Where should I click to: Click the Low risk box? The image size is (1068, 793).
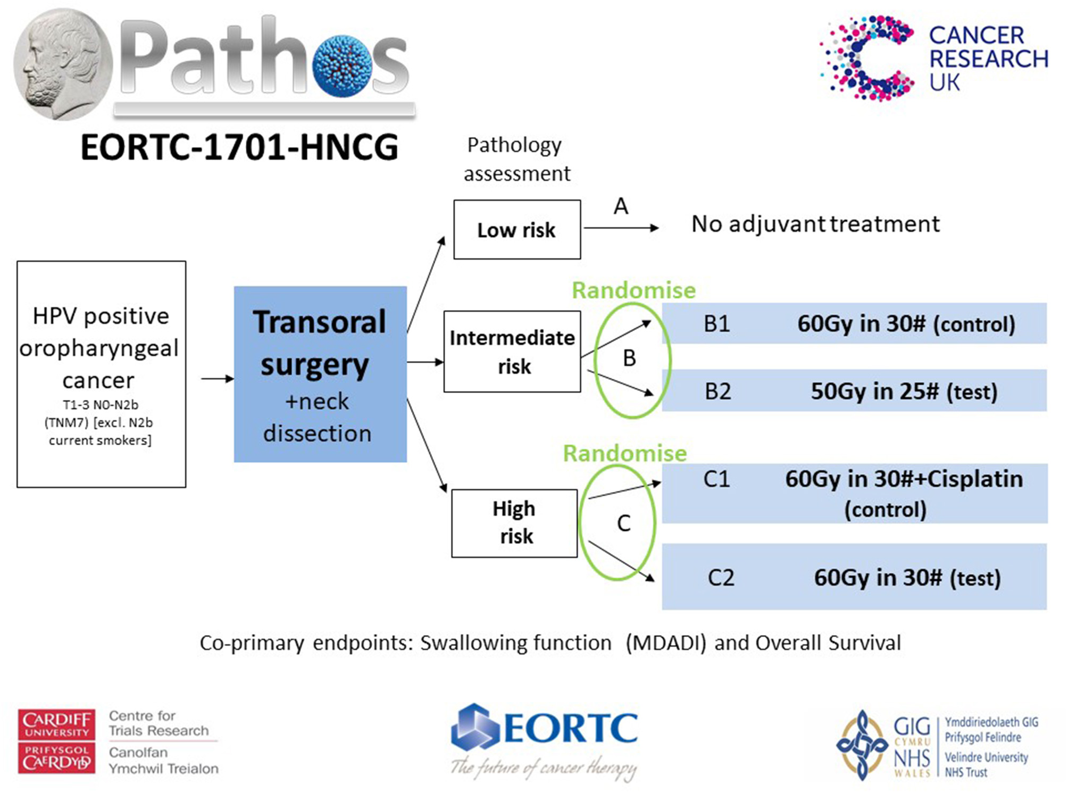[517, 230]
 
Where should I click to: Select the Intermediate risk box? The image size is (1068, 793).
[512, 352]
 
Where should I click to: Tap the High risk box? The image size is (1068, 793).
[514, 523]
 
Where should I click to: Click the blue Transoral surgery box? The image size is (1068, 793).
[321, 374]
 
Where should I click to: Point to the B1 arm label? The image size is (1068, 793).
[716, 324]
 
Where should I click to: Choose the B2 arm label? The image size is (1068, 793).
[717, 391]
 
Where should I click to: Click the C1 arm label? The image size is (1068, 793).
[716, 479]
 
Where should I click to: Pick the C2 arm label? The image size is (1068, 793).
[721, 578]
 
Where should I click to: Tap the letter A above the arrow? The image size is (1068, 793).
[621, 206]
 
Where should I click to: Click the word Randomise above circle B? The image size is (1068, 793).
[633, 290]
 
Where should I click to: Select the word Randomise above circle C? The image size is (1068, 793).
[625, 453]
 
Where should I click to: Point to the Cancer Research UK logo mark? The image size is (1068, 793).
[867, 58]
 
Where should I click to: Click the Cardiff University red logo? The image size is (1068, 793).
[56, 741]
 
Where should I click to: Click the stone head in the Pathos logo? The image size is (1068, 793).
[63, 64]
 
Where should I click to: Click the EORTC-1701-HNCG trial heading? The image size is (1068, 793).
[239, 147]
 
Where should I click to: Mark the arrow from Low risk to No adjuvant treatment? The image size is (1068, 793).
[621, 228]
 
